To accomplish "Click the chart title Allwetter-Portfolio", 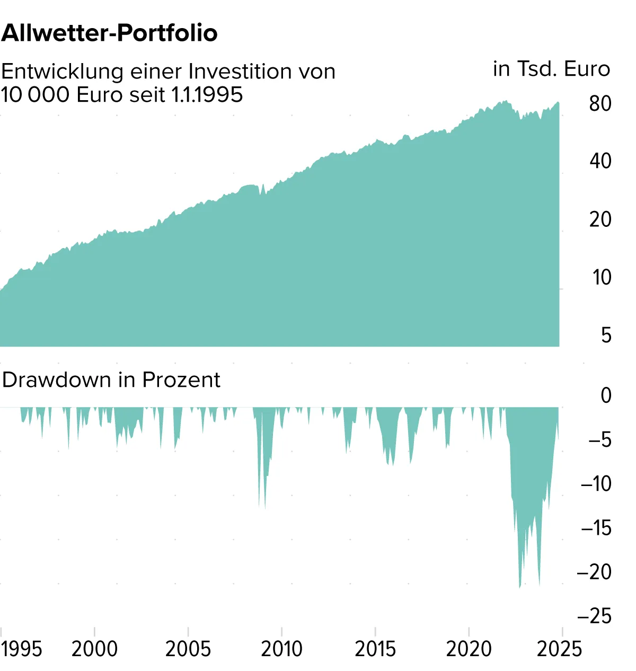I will point(110,33).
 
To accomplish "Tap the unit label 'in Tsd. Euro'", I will point(551,69).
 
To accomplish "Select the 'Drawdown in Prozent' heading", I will point(111,380).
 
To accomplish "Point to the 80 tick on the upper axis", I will point(600,104).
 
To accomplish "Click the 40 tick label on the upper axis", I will point(600,161).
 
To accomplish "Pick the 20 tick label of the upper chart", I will point(600,219).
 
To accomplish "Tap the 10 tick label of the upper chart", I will point(602,277).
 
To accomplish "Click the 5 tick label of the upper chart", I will point(606,335).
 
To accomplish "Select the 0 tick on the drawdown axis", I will point(606,395).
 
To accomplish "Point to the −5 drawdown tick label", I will point(599,440).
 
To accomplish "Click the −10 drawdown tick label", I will point(596,484).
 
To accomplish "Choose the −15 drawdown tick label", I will point(596,528).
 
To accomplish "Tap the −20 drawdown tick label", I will point(594,572).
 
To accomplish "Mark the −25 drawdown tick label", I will point(594,616).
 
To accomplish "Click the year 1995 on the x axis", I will point(22,649).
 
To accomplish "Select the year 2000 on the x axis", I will point(94,649).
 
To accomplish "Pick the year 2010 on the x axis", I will point(281,649).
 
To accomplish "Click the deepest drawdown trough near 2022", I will point(519,586).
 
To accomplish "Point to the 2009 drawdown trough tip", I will point(264,508).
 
